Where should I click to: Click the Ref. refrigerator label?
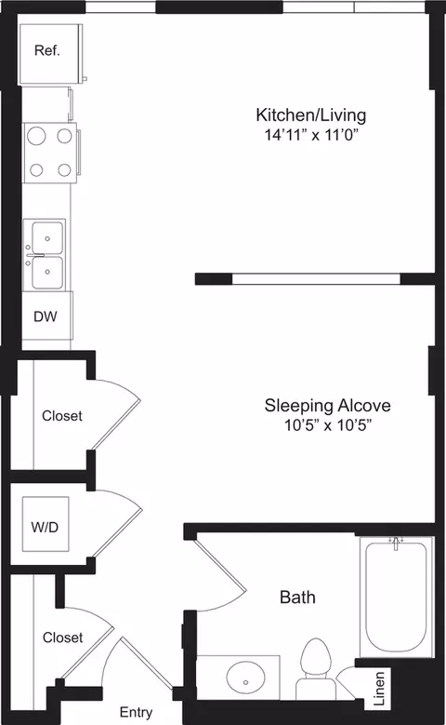click(x=47, y=51)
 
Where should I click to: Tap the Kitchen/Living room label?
click(x=311, y=115)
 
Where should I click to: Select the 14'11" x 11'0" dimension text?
click(x=311, y=134)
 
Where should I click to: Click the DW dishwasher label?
click(x=46, y=316)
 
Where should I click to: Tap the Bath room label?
click(x=297, y=597)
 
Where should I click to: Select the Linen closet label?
click(x=378, y=685)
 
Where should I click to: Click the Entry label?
click(x=137, y=713)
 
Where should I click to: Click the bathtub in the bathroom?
click(x=395, y=596)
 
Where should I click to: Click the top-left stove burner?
click(x=36, y=136)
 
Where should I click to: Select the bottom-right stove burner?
click(x=64, y=169)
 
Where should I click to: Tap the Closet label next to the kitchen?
click(x=61, y=416)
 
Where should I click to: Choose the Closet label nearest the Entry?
click(x=61, y=638)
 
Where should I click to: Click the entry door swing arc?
click(x=139, y=661)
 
